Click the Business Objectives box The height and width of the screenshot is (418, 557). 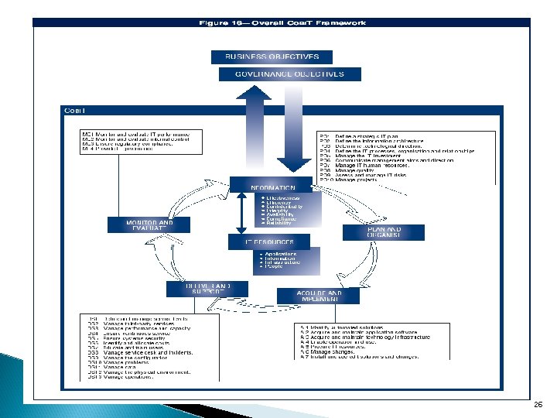tap(272, 57)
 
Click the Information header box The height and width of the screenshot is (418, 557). tap(272, 187)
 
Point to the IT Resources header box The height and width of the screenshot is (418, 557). tap(271, 242)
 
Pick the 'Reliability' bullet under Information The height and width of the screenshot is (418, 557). tap(279, 222)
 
